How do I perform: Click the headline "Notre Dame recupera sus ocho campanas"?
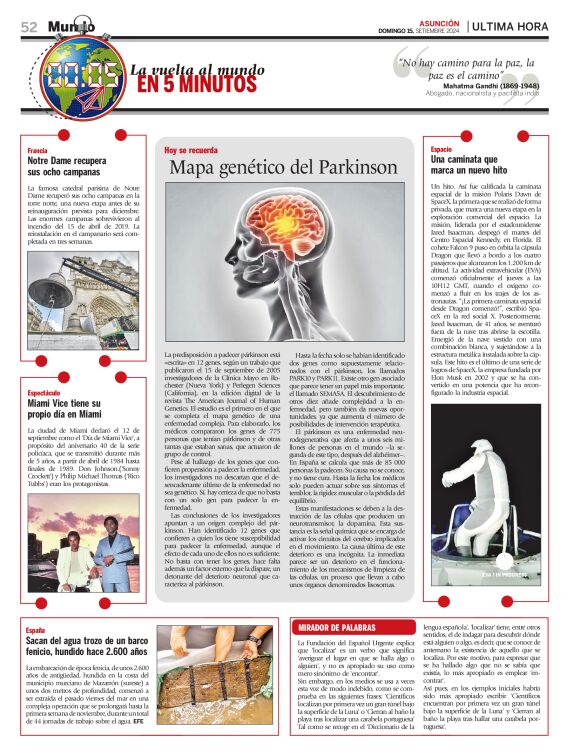point(66,165)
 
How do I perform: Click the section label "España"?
point(36,631)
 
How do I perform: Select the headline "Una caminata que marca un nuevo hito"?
point(475,165)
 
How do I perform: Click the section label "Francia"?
point(37,150)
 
